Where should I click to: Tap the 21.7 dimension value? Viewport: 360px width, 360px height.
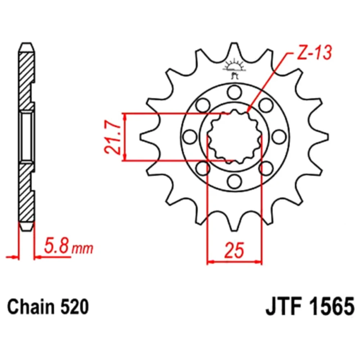(113, 137)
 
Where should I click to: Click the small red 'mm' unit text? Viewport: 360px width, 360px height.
(82, 248)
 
